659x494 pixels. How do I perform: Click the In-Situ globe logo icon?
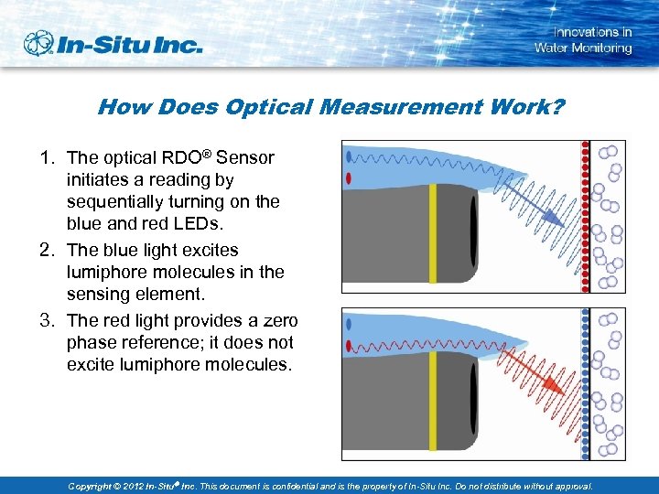click(x=39, y=43)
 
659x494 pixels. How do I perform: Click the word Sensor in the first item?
click(x=246, y=157)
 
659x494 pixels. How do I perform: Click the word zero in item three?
click(x=277, y=320)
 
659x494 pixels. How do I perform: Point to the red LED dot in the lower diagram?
click(x=349, y=347)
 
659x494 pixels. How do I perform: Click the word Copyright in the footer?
click(x=96, y=486)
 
